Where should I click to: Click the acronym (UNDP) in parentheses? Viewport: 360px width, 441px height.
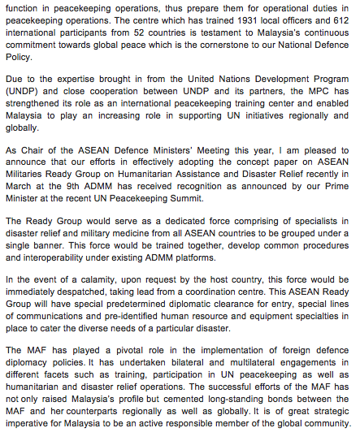pos(21,92)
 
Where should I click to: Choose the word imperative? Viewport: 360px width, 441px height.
pos(30,424)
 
